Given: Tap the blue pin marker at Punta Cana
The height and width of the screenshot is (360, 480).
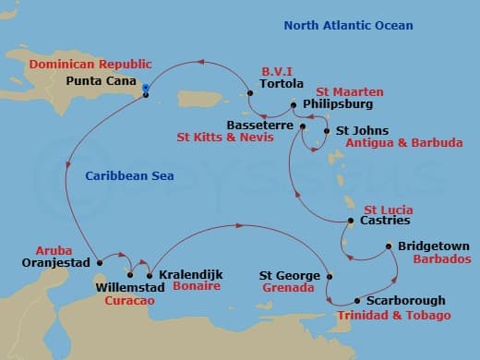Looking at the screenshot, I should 146,90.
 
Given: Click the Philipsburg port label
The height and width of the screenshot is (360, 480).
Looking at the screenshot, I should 338,105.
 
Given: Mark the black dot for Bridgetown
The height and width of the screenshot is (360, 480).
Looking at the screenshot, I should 390,246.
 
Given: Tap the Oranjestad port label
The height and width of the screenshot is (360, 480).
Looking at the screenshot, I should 54,262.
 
